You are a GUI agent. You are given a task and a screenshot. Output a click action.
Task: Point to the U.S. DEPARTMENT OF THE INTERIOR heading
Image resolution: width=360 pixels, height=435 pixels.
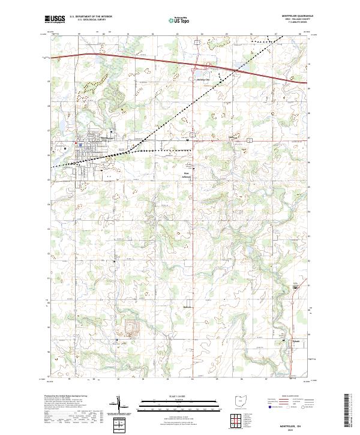pyautogui.click(x=91, y=16)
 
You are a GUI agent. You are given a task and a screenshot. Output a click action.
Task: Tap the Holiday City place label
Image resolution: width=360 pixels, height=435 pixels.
pyautogui.click(x=203, y=79)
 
